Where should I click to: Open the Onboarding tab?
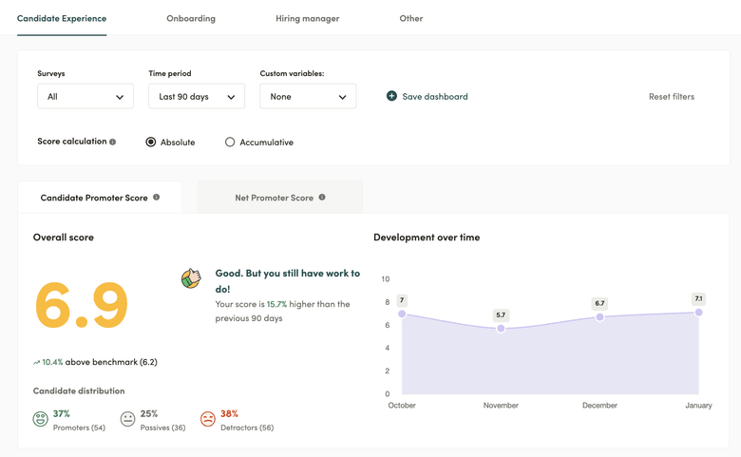191,18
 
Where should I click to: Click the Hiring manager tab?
307,18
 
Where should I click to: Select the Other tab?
411,18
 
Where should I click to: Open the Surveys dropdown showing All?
85,96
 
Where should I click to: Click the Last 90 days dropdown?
197,96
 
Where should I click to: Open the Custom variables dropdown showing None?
308,96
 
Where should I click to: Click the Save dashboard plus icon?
391,96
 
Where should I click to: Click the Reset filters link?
671,96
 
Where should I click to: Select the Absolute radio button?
151,143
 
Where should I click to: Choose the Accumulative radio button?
230,143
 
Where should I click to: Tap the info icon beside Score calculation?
113,143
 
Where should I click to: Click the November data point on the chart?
501,329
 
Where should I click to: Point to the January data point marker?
698,313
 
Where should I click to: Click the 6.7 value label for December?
599,304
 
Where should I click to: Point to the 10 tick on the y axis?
386,279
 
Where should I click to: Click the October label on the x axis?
402,406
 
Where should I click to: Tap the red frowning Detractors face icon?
207,419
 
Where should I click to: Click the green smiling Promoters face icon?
41,419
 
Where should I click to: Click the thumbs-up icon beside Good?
191,278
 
